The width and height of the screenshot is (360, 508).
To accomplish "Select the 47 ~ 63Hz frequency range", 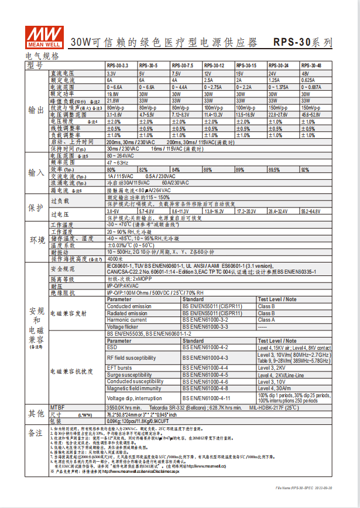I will (118, 163).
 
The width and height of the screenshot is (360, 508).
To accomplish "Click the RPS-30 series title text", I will (303, 43).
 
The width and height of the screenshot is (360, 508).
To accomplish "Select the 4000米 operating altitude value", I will (115, 258).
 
